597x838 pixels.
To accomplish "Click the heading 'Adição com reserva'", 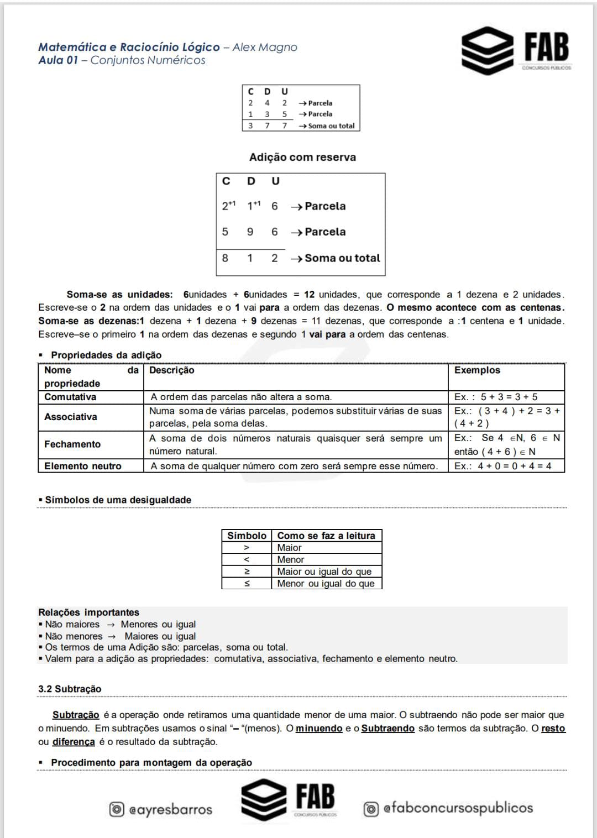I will pos(302,158).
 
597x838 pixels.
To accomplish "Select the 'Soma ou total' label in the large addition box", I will pos(342,258).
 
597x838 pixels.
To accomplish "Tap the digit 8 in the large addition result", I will pos(225,258).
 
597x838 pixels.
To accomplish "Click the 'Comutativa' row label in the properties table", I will pos(70,397).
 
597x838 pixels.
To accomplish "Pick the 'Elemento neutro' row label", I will pos(83,466).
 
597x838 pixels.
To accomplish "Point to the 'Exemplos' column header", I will pos(477,370).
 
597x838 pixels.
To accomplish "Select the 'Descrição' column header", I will pos(172,370).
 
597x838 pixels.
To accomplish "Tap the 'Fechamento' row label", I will pos(72,444).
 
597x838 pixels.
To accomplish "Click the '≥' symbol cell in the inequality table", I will pos(247,572).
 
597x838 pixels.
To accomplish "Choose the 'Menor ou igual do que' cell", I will pos(326,584).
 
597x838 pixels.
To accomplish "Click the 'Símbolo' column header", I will pos(247,536).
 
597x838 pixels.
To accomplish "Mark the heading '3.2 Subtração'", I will pos(70,689).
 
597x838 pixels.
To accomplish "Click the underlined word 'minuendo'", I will pos(319,729).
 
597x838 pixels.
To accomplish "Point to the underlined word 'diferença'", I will pos(74,742).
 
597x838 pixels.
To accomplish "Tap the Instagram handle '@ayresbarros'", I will pos(170,810).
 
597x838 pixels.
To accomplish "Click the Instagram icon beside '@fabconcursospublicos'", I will pos(371,809).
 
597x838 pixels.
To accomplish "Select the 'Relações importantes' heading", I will pos(88,612).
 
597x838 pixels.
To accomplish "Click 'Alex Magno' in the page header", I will pos(265,48).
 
